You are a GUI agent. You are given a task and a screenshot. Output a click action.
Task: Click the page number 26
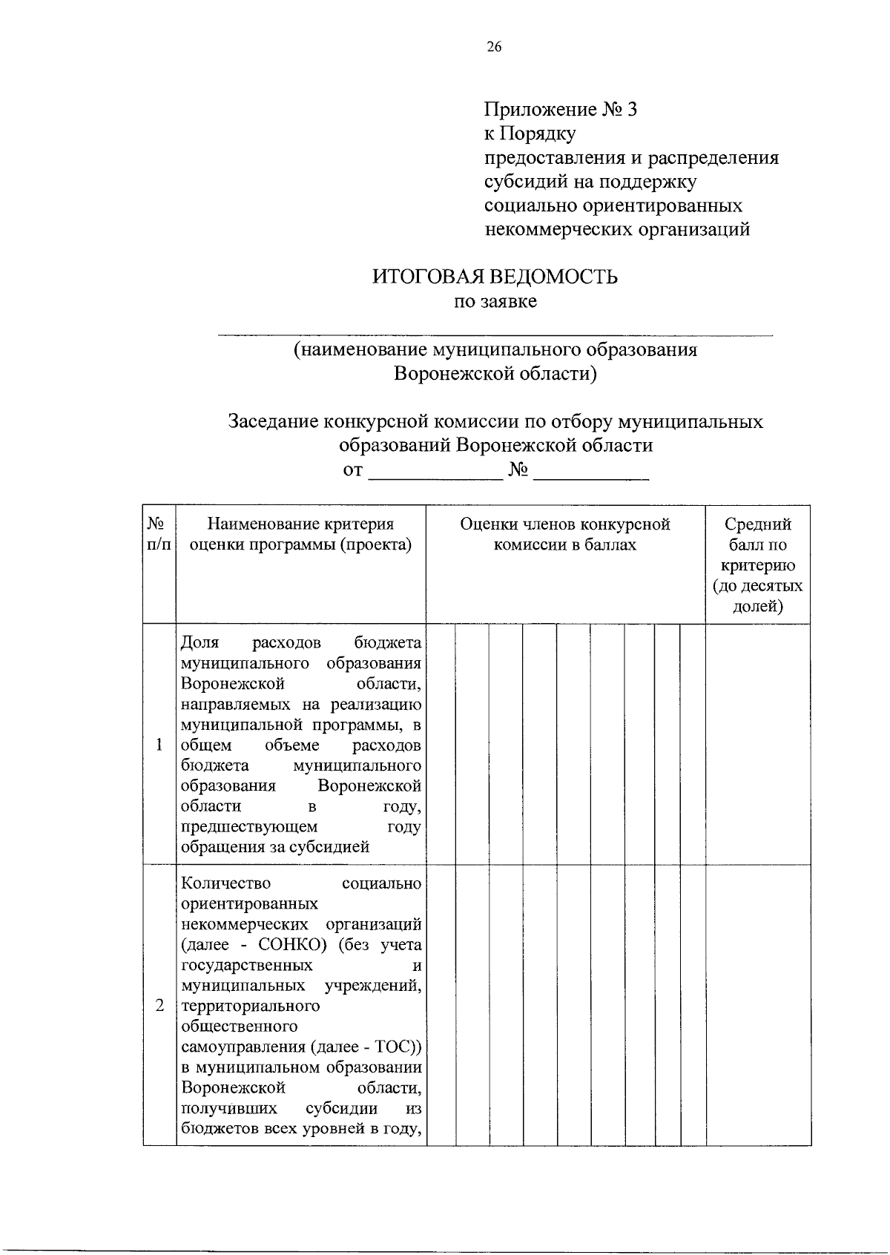click(494, 47)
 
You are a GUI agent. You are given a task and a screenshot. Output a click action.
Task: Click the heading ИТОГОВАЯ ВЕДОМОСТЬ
click(495, 277)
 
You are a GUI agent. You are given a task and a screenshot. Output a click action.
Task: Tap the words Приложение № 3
click(561, 110)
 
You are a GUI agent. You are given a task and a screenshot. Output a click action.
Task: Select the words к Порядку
click(530, 134)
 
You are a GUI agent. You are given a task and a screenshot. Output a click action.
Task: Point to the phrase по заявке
click(495, 301)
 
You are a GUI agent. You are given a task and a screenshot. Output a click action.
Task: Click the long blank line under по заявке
click(495, 335)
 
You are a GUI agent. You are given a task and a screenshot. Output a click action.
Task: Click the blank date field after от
click(435, 475)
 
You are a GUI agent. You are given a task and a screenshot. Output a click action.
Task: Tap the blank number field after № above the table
click(591, 475)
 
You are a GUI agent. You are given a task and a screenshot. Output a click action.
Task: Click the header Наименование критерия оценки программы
click(300, 534)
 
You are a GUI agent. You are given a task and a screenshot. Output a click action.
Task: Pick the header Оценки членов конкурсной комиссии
click(565, 534)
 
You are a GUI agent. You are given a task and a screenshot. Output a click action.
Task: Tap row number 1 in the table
click(159, 745)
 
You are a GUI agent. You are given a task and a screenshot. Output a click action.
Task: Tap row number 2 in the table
click(159, 1007)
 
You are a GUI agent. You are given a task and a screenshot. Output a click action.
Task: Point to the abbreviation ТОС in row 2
click(394, 1047)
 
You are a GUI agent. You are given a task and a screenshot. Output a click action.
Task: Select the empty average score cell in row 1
click(757, 745)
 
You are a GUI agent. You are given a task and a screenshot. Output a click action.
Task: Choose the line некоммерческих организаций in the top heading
click(617, 229)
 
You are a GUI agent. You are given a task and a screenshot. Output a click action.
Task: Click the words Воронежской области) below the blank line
click(495, 373)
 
